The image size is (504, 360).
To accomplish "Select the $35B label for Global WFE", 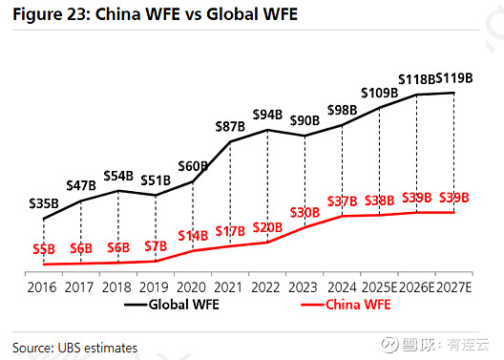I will [43, 203].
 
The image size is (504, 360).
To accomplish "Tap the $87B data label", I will [230, 126].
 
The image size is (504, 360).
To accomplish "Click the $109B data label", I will [380, 92].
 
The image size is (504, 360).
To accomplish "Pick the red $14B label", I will [194, 235].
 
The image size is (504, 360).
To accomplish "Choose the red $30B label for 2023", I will [305, 211].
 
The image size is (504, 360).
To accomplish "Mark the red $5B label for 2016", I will [44, 249].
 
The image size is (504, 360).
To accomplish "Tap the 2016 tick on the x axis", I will [43, 286].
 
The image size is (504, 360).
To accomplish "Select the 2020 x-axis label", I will [192, 286].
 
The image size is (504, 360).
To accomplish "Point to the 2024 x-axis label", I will [342, 286].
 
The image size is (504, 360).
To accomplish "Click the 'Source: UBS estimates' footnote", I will [75, 347].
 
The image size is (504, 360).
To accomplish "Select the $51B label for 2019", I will [156, 180].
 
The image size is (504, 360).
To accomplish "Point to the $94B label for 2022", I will [268, 116].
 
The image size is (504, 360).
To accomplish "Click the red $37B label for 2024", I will [342, 201].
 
